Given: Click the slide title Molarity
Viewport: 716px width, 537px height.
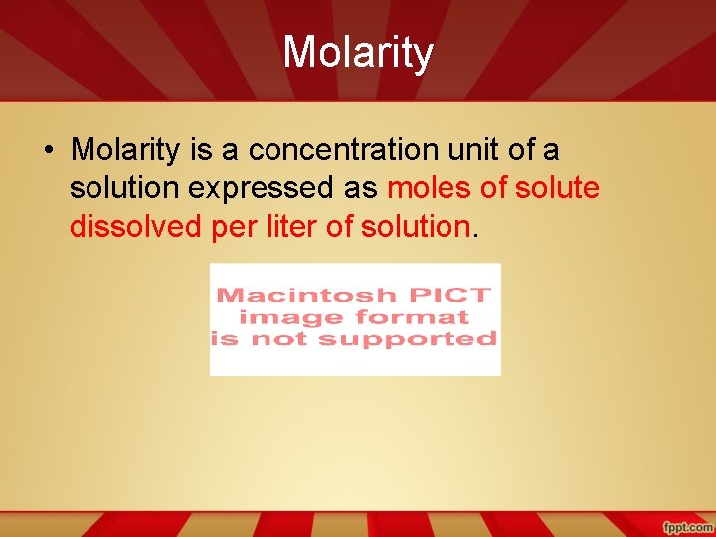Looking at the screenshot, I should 358,53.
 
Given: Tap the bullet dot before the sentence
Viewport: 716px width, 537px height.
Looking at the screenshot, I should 48,151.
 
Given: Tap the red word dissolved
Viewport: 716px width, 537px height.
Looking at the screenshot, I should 136,227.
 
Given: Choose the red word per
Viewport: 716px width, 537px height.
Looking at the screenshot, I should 232,228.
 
